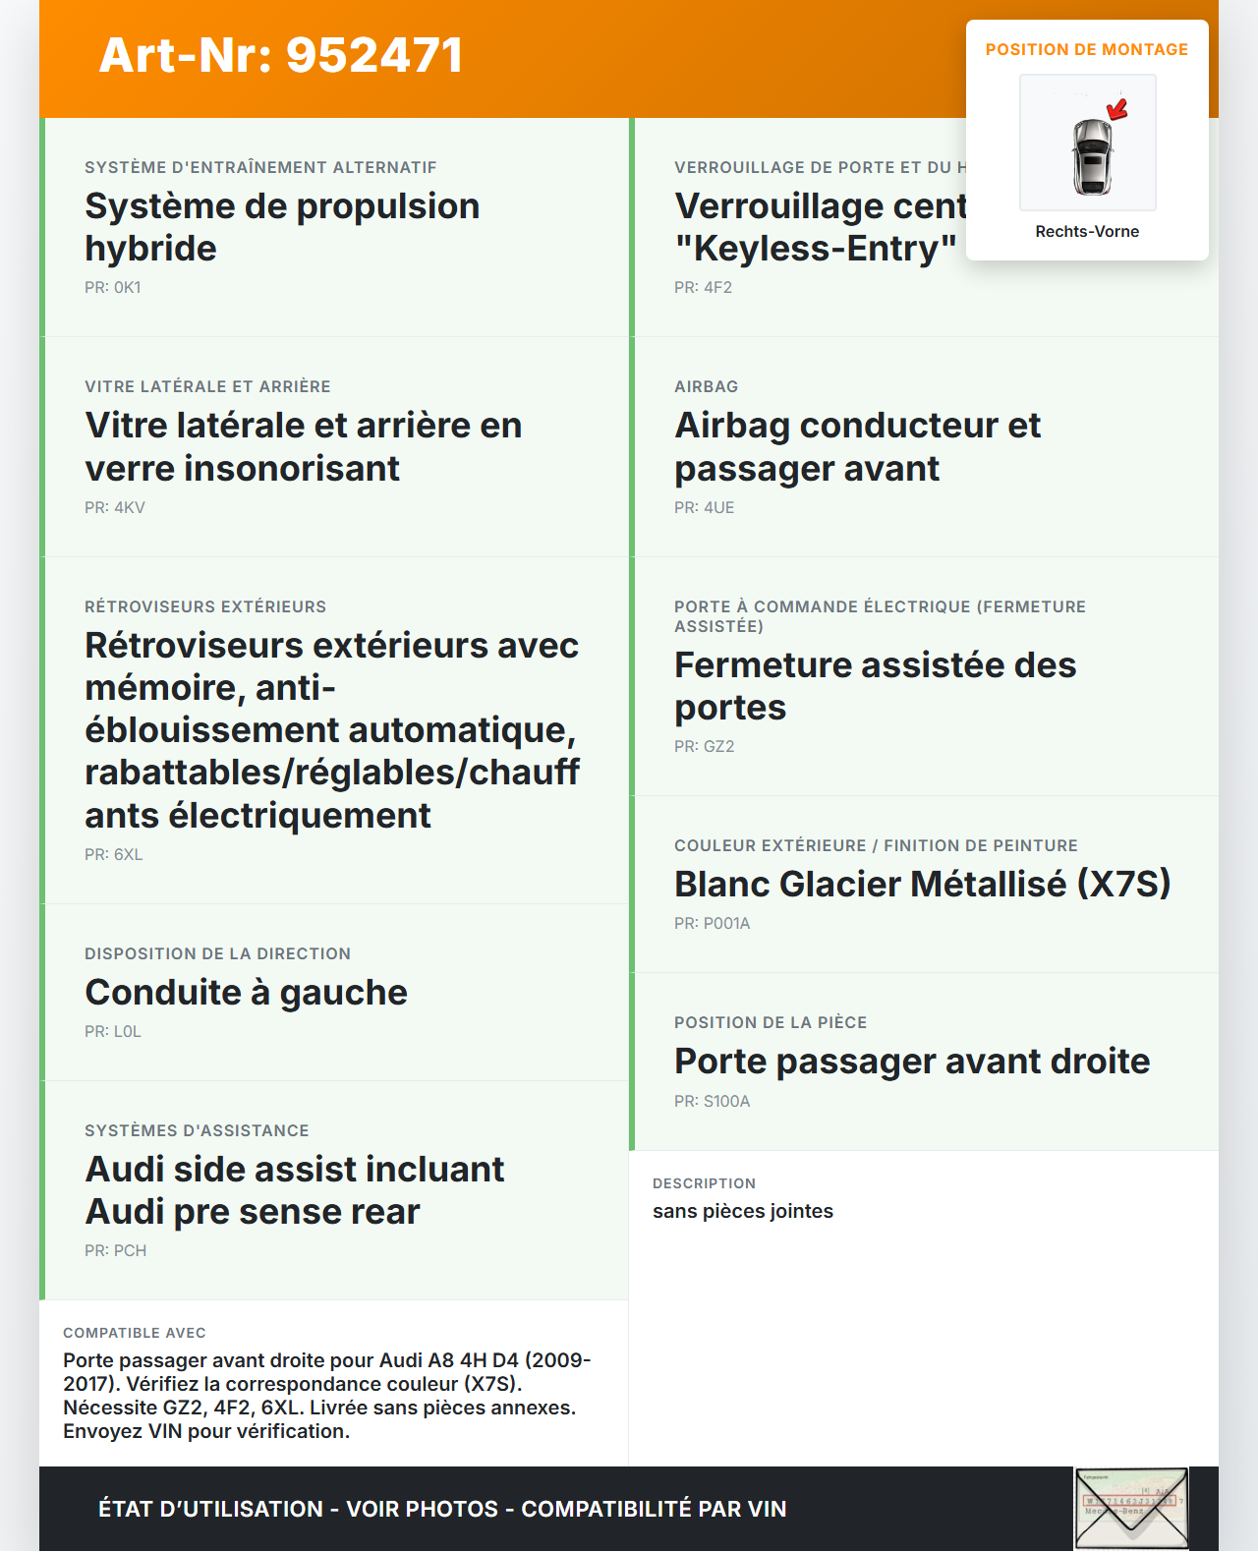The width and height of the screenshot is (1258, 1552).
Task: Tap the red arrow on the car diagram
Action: click(x=1117, y=108)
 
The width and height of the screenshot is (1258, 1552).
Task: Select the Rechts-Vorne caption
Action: click(x=1087, y=231)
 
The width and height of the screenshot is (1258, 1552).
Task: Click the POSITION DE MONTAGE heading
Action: click(x=1087, y=49)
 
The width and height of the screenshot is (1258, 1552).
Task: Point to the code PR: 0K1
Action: click(x=113, y=287)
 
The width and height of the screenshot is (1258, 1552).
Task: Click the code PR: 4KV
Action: click(x=115, y=507)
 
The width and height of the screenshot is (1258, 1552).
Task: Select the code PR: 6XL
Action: click(x=114, y=854)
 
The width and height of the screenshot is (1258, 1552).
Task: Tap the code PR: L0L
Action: click(x=113, y=1031)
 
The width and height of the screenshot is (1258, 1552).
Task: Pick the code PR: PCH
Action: click(x=116, y=1250)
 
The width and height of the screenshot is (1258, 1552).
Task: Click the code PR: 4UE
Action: click(x=705, y=507)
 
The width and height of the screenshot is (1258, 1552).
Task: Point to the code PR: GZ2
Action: click(x=705, y=746)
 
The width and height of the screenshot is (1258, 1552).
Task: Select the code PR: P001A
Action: click(x=713, y=923)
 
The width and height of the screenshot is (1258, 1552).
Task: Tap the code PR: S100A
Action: click(x=713, y=1101)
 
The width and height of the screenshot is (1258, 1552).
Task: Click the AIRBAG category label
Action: click(x=707, y=386)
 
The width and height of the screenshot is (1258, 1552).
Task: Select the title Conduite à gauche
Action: click(x=247, y=992)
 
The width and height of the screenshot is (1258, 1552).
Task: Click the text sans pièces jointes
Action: click(x=743, y=1211)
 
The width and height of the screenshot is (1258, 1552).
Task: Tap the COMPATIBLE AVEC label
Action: click(x=135, y=1333)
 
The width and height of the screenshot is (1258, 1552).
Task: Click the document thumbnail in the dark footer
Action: click(x=1131, y=1509)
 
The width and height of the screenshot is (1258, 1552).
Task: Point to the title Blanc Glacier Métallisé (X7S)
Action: click(x=923, y=884)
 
